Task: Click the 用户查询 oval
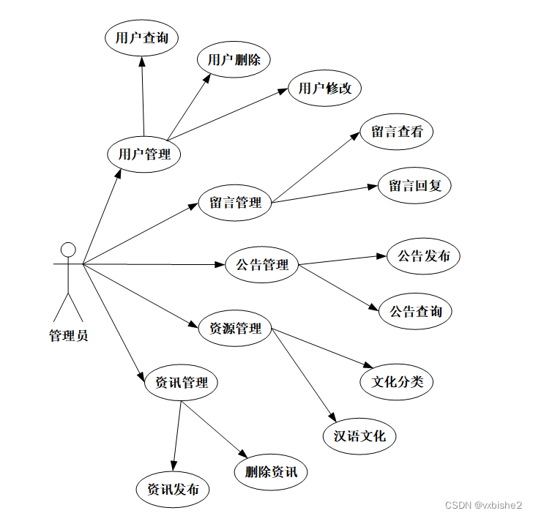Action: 142,38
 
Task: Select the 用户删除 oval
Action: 234,60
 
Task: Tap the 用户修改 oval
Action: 325,89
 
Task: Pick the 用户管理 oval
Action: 144,154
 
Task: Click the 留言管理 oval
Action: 236,203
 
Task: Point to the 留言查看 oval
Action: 397,132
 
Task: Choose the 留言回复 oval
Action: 415,186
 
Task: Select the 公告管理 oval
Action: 262,264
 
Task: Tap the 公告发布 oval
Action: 424,256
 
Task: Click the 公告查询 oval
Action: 415,312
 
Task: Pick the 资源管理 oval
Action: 236,328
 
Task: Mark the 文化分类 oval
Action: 397,381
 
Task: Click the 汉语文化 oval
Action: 359,436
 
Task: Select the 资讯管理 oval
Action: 181,382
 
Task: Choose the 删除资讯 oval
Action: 272,471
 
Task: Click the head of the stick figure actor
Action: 67,250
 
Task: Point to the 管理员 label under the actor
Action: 68,337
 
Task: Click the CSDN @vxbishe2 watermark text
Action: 483,506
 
